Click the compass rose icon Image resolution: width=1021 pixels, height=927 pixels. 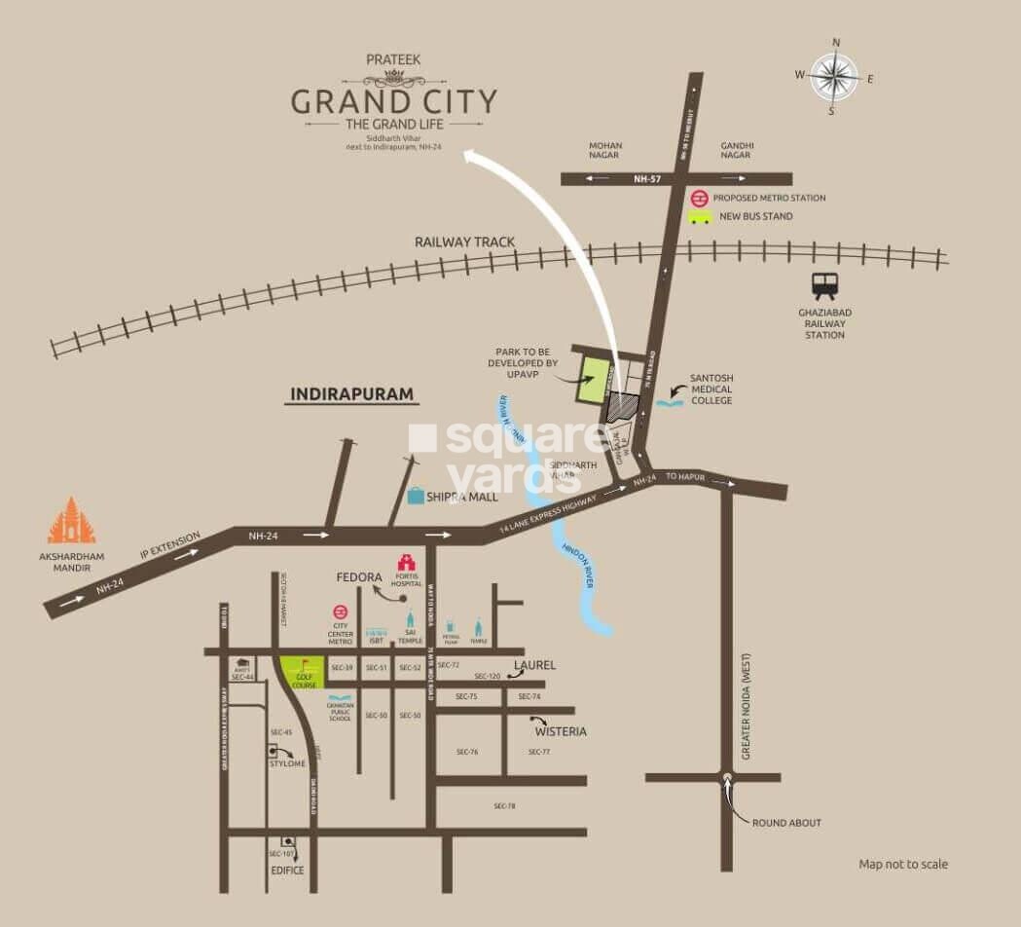pyautogui.click(x=834, y=76)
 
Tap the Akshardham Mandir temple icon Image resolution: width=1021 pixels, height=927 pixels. pyautogui.click(x=72, y=522)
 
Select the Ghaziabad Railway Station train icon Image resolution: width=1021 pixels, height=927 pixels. pyautogui.click(x=824, y=286)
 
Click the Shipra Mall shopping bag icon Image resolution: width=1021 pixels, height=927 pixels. pyautogui.click(x=416, y=496)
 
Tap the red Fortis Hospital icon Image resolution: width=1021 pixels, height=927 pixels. pyautogui.click(x=406, y=563)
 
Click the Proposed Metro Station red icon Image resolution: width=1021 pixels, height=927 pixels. pyautogui.click(x=699, y=198)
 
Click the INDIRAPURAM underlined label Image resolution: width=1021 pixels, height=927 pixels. pyautogui.click(x=351, y=394)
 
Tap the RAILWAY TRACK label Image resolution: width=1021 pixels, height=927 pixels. pyautogui.click(x=464, y=241)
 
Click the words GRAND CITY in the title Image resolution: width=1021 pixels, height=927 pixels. pyautogui.click(x=394, y=101)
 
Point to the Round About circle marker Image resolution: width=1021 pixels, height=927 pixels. pyautogui.click(x=726, y=777)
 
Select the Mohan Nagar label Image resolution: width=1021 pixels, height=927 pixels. pyautogui.click(x=604, y=151)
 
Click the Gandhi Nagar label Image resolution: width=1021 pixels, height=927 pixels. pyautogui.click(x=737, y=151)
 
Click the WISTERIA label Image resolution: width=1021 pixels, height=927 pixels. pyautogui.click(x=561, y=731)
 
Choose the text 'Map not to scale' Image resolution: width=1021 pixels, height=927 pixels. pyautogui.click(x=902, y=864)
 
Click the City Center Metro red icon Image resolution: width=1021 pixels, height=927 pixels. pyautogui.click(x=341, y=612)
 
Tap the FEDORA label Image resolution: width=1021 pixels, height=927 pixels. pyautogui.click(x=359, y=577)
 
